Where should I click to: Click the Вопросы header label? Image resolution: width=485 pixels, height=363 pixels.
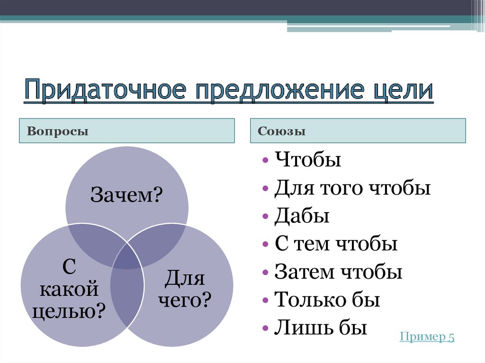(58, 131)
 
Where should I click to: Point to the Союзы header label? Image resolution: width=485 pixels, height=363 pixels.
(281, 131)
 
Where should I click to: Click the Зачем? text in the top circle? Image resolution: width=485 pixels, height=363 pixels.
(126, 195)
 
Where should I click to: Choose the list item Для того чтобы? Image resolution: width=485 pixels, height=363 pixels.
(352, 188)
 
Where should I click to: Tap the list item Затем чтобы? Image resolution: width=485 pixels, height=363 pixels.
(338, 272)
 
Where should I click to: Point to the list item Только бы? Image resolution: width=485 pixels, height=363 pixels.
(327, 300)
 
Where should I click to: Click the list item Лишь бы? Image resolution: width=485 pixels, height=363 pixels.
(321, 328)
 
